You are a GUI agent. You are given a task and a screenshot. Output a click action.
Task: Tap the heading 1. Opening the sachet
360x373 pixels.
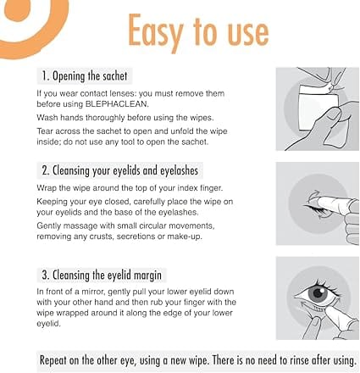(85, 75)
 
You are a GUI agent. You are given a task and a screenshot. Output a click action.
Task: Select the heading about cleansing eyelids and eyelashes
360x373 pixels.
(120, 170)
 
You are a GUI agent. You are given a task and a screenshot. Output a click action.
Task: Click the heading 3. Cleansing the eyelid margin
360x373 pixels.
(102, 275)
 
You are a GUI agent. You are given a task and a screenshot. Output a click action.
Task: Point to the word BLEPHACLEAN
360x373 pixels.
(117, 104)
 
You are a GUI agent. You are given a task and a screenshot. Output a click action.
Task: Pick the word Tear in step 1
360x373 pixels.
(45, 131)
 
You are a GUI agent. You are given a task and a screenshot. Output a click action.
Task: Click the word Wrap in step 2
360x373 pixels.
(46, 188)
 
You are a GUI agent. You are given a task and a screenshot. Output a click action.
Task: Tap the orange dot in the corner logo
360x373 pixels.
(18, 9)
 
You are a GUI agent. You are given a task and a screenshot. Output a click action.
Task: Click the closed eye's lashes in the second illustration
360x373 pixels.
(314, 210)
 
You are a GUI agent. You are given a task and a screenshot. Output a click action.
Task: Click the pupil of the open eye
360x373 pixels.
(318, 292)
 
